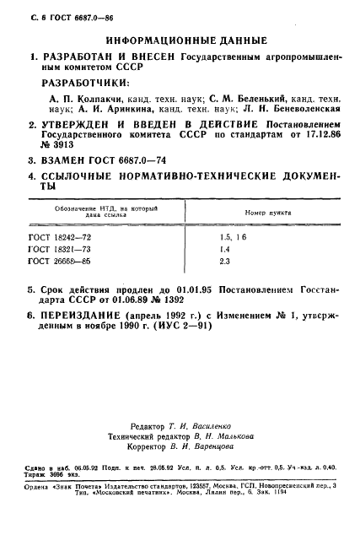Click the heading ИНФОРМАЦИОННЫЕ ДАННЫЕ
(187, 40)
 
